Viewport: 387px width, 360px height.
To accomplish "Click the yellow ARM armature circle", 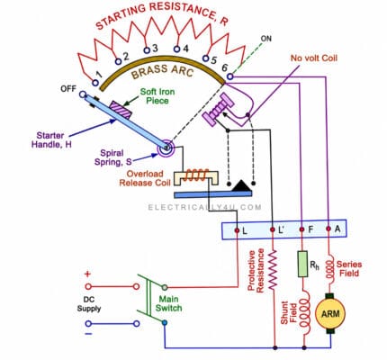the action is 330,314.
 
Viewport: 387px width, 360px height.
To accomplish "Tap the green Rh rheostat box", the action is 302,264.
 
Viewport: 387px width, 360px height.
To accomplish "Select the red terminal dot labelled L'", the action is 273,229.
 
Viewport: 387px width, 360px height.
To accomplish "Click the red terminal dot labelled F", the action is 302,229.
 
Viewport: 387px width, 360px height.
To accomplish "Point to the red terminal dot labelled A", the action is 328,229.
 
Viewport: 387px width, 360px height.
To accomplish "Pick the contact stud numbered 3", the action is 147,50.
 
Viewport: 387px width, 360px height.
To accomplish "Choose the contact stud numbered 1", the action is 95,82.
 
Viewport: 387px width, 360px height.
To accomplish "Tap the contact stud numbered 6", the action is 229,76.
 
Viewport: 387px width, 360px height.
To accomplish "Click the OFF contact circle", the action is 83,94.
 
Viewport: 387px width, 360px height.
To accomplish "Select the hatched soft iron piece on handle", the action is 121,109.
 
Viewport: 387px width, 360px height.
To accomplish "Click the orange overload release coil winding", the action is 196,175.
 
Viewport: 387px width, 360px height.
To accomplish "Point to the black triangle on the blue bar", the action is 241,185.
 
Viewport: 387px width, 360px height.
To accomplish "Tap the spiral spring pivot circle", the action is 166,148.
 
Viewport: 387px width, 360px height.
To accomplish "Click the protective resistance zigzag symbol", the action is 273,269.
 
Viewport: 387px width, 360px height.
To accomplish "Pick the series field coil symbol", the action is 329,269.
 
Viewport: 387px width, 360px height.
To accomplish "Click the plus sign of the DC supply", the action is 87,274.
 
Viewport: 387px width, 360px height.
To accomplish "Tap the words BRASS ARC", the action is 162,72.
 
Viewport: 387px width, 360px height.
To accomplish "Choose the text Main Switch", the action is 168,303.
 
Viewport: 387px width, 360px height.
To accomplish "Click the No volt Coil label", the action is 314,58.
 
